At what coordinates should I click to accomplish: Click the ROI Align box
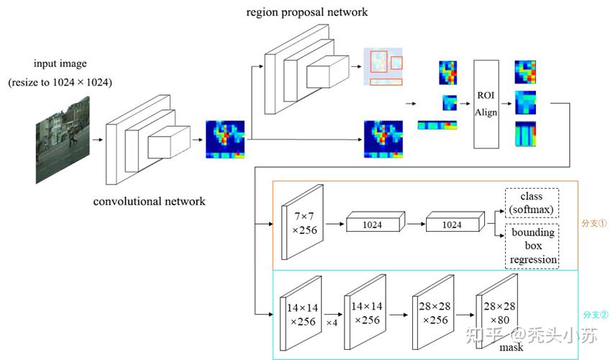(x=486, y=104)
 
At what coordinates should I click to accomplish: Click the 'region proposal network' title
(x=307, y=12)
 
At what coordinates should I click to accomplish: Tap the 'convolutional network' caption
(x=149, y=201)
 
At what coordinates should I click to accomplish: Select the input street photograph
(x=63, y=140)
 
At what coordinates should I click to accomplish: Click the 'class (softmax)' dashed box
(x=532, y=203)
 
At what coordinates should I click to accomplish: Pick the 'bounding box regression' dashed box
(x=532, y=246)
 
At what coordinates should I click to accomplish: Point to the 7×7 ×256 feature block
(x=303, y=222)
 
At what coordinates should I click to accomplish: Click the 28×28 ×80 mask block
(x=497, y=312)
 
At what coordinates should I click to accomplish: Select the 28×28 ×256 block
(x=433, y=312)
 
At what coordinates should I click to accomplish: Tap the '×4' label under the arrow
(x=332, y=323)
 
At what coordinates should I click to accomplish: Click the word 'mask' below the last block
(x=512, y=348)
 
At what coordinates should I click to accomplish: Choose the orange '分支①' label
(x=594, y=223)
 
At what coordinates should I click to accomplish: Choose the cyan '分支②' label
(x=596, y=315)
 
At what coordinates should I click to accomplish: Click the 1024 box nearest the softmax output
(x=455, y=222)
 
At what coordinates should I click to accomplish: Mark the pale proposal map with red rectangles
(x=383, y=66)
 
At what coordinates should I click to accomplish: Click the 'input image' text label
(x=60, y=63)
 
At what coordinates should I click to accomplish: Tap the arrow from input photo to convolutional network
(x=97, y=140)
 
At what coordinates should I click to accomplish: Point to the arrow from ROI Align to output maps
(x=507, y=104)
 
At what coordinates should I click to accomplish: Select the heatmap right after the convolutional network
(x=225, y=139)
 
